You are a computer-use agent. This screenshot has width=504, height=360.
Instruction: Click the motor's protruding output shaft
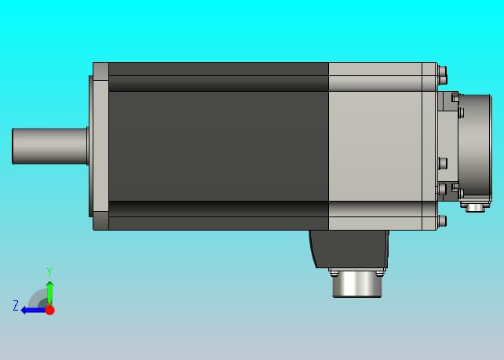pyautogui.click(x=49, y=146)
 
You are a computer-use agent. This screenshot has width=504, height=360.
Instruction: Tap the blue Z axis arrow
pyautogui.click(x=33, y=311)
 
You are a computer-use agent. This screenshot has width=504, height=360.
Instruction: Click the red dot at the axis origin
pyautogui.click(x=49, y=310)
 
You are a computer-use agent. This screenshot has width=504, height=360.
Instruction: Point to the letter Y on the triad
pyautogui.click(x=49, y=271)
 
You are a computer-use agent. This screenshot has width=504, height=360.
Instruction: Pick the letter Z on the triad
pyautogui.click(x=16, y=305)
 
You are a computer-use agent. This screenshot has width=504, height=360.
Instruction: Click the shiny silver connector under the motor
pyautogui.click(x=356, y=284)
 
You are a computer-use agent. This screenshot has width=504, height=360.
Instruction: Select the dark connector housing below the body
pyautogui.click(x=349, y=249)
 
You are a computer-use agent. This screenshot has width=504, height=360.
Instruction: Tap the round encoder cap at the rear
pyautogui.click(x=475, y=148)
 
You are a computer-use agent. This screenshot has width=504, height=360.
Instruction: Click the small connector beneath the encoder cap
pyautogui.click(x=476, y=207)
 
